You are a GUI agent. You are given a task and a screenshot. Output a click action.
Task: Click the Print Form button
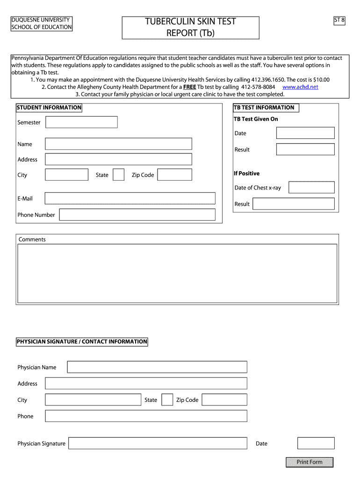tap(310, 462)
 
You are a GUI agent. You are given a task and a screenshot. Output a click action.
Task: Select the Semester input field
tap(81, 122)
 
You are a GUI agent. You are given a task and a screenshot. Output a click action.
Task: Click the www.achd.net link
tap(300, 87)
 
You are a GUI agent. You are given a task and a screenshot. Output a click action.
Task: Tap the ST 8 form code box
tap(339, 21)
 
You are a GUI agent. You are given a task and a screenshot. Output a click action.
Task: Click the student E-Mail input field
tap(130, 198)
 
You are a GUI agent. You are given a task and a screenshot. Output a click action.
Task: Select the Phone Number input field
tap(137, 215)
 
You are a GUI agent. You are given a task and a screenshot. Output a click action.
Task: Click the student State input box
tap(119, 175)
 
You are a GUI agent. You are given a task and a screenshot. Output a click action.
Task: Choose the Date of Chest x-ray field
tap(311, 188)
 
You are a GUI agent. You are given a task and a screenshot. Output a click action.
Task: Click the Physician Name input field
tap(157, 367)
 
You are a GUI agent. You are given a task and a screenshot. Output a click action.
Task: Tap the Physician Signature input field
tap(158, 443)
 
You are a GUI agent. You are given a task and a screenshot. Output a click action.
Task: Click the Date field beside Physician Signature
tap(316, 443)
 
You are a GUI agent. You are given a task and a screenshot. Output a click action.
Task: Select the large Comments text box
tap(177, 273)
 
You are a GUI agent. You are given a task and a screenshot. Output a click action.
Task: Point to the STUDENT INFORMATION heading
tap(49, 108)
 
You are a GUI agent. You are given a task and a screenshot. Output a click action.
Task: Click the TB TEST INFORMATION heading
tap(264, 108)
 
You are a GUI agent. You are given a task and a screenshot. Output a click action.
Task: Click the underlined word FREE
tap(189, 87)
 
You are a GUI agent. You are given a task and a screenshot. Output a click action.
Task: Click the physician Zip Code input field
tap(224, 400)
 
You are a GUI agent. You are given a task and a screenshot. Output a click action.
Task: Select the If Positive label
tap(246, 174)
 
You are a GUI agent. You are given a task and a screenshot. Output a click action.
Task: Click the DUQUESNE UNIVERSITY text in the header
tap(41, 20)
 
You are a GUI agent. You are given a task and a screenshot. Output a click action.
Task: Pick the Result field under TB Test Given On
tap(305, 149)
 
